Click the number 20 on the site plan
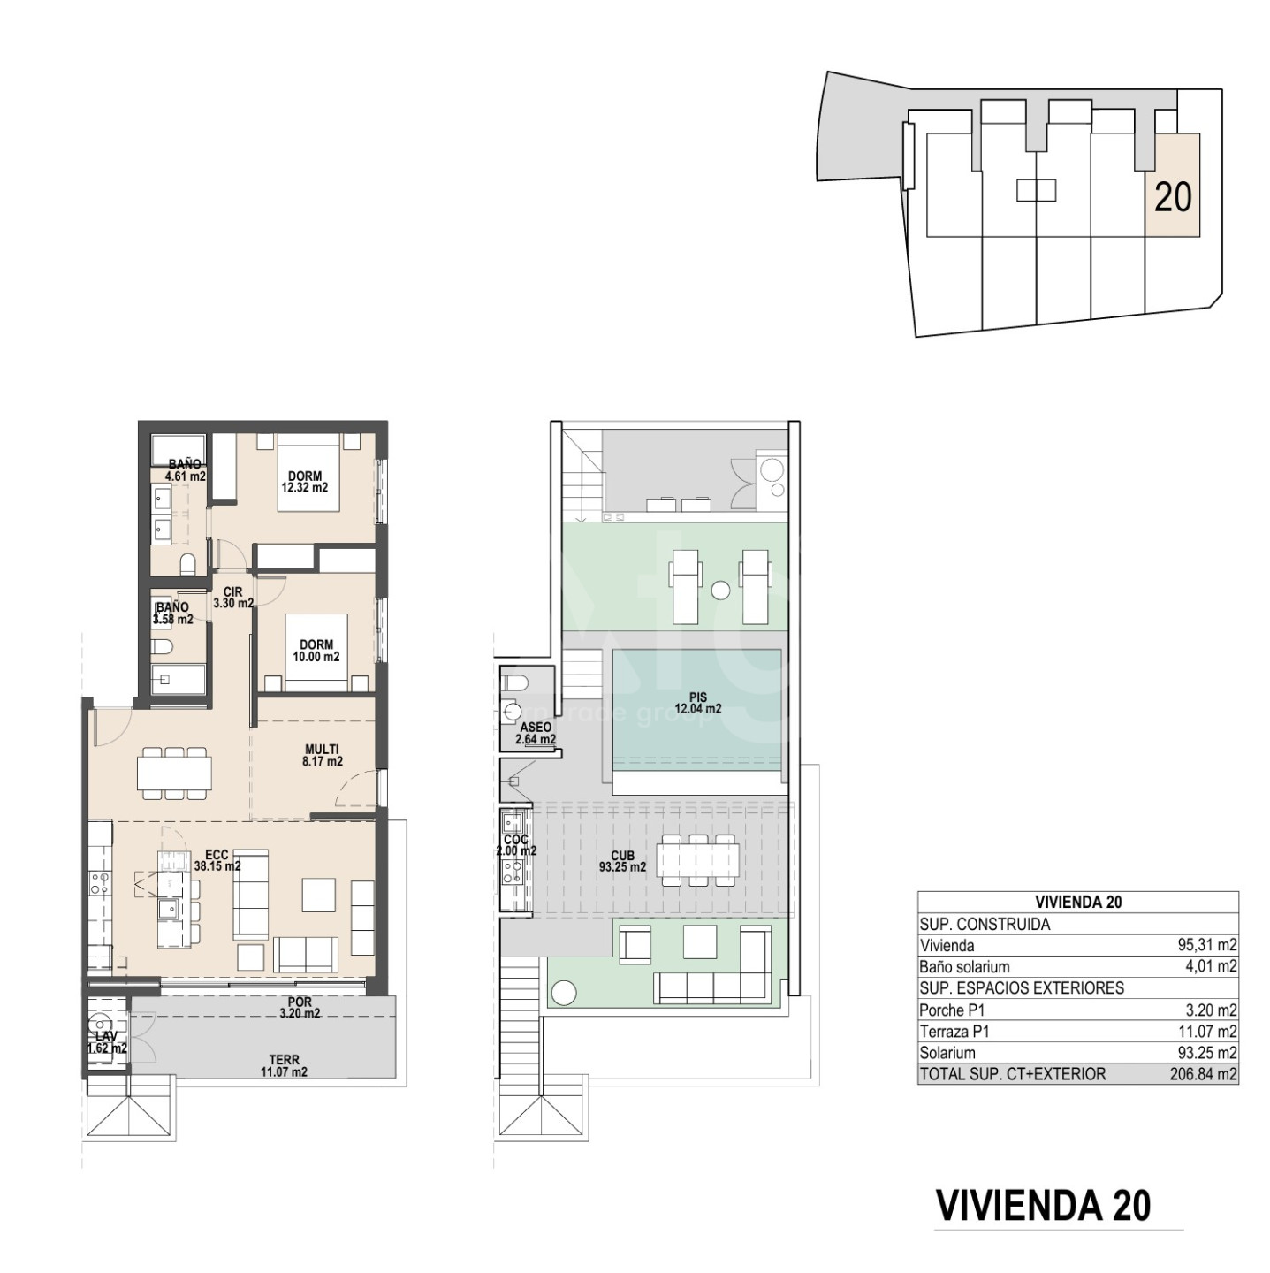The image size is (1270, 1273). [1172, 196]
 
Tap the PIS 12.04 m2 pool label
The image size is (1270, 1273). [697, 703]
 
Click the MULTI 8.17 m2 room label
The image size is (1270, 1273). [322, 755]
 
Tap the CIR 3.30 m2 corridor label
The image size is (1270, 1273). [233, 598]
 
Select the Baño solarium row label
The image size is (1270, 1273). [964, 967]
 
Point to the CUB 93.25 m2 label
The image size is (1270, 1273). [622, 861]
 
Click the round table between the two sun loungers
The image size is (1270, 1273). [720, 590]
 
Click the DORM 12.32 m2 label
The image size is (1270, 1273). [304, 482]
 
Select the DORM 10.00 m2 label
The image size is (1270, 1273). [316, 650]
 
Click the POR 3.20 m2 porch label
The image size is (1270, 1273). [300, 1008]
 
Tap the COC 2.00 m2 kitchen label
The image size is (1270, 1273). [516, 845]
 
